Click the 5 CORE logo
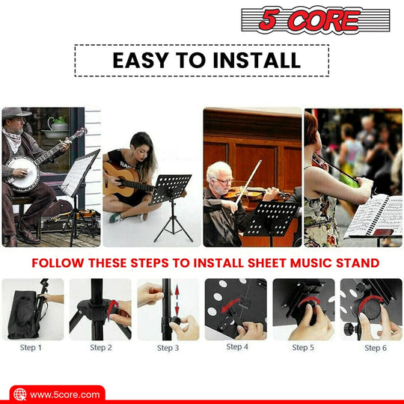[316, 20]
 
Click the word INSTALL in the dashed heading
[257, 61]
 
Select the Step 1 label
[31, 348]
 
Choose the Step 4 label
[237, 347]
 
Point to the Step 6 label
[376, 348]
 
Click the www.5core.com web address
[64, 394]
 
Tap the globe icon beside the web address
[20, 395]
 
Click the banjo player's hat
[16, 112]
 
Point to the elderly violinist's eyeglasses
[223, 181]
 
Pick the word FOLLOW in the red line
[58, 263]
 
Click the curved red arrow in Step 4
[230, 304]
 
